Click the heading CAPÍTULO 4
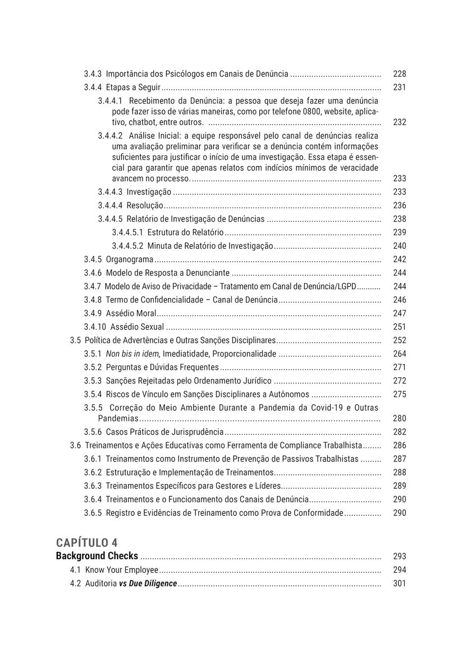pyautogui.click(x=87, y=542)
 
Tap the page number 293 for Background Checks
pyautogui.click(x=399, y=556)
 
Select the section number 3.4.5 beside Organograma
pyautogui.click(x=93, y=259)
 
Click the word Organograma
pyautogui.click(x=130, y=259)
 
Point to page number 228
pyautogui.click(x=399, y=74)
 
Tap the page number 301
pyautogui.click(x=399, y=583)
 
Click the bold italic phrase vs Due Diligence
pyautogui.click(x=148, y=583)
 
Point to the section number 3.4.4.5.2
pyautogui.click(x=127, y=246)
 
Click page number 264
pyautogui.click(x=399, y=354)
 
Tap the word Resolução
pyautogui.click(x=145, y=205)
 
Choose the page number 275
pyautogui.click(x=399, y=394)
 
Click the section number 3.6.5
pyautogui.click(x=93, y=513)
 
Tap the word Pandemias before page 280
pyautogui.click(x=118, y=418)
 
